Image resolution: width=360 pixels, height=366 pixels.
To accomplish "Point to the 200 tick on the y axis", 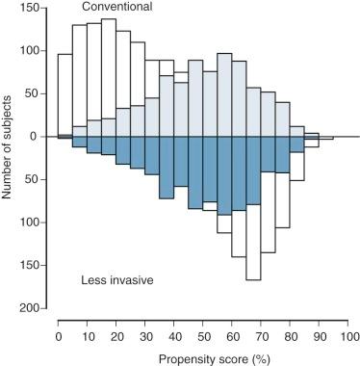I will [32, 308].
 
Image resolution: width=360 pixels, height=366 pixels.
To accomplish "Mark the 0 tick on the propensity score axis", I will [58, 335].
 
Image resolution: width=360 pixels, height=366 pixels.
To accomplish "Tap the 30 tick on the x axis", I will [145, 335].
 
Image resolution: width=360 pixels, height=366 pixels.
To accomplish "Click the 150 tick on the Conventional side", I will [32, 8].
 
